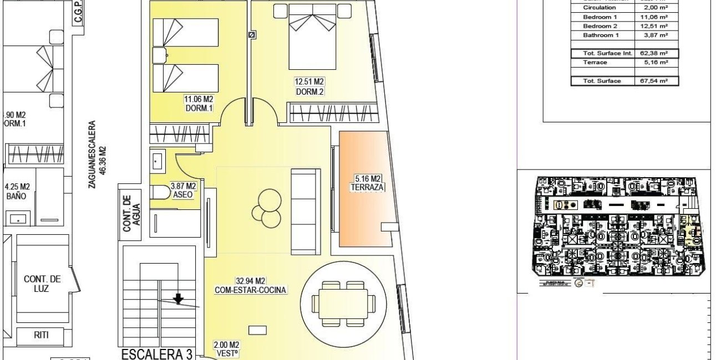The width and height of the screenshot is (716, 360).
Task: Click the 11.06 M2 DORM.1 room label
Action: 199,104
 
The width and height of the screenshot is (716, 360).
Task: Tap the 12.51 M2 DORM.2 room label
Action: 309,87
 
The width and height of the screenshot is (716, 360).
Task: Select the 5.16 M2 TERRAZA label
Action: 368,183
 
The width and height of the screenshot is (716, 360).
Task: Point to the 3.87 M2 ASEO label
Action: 182,191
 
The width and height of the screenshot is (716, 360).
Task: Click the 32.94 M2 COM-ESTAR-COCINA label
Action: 251,285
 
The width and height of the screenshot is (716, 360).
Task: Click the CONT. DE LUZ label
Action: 42,284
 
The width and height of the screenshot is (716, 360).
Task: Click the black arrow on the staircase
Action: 178,299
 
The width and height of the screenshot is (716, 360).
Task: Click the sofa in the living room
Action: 306,204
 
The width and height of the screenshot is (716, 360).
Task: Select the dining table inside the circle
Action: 339,304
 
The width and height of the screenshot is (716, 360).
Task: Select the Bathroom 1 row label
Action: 601,35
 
